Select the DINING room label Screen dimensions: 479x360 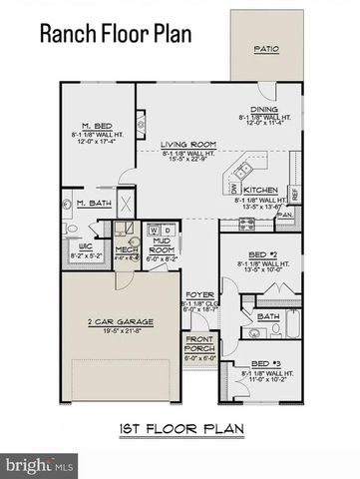[263, 110]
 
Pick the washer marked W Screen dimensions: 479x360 [153, 229]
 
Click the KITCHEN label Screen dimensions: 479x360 [261, 189]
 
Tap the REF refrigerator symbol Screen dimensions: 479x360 [294, 193]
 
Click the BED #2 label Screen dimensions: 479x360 [261, 254]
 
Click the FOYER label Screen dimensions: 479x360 [194, 295]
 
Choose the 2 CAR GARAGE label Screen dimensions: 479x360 [120, 321]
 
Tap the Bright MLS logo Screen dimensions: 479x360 [40, 464]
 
